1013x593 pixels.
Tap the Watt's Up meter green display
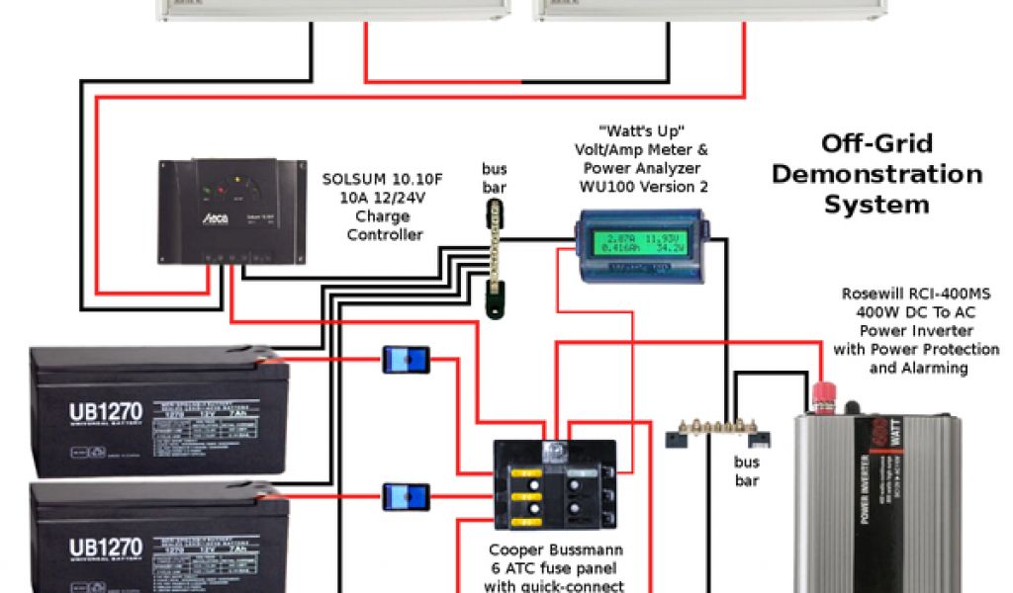pyautogui.click(x=640, y=242)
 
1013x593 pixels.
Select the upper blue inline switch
pyautogui.click(x=406, y=360)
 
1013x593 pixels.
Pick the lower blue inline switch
pyautogui.click(x=406, y=495)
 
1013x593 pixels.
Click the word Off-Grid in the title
pyautogui.click(x=877, y=143)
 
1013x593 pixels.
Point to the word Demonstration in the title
pyautogui.click(x=876, y=174)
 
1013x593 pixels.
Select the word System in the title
pyautogui.click(x=876, y=205)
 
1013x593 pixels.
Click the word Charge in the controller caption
pyautogui.click(x=384, y=216)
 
